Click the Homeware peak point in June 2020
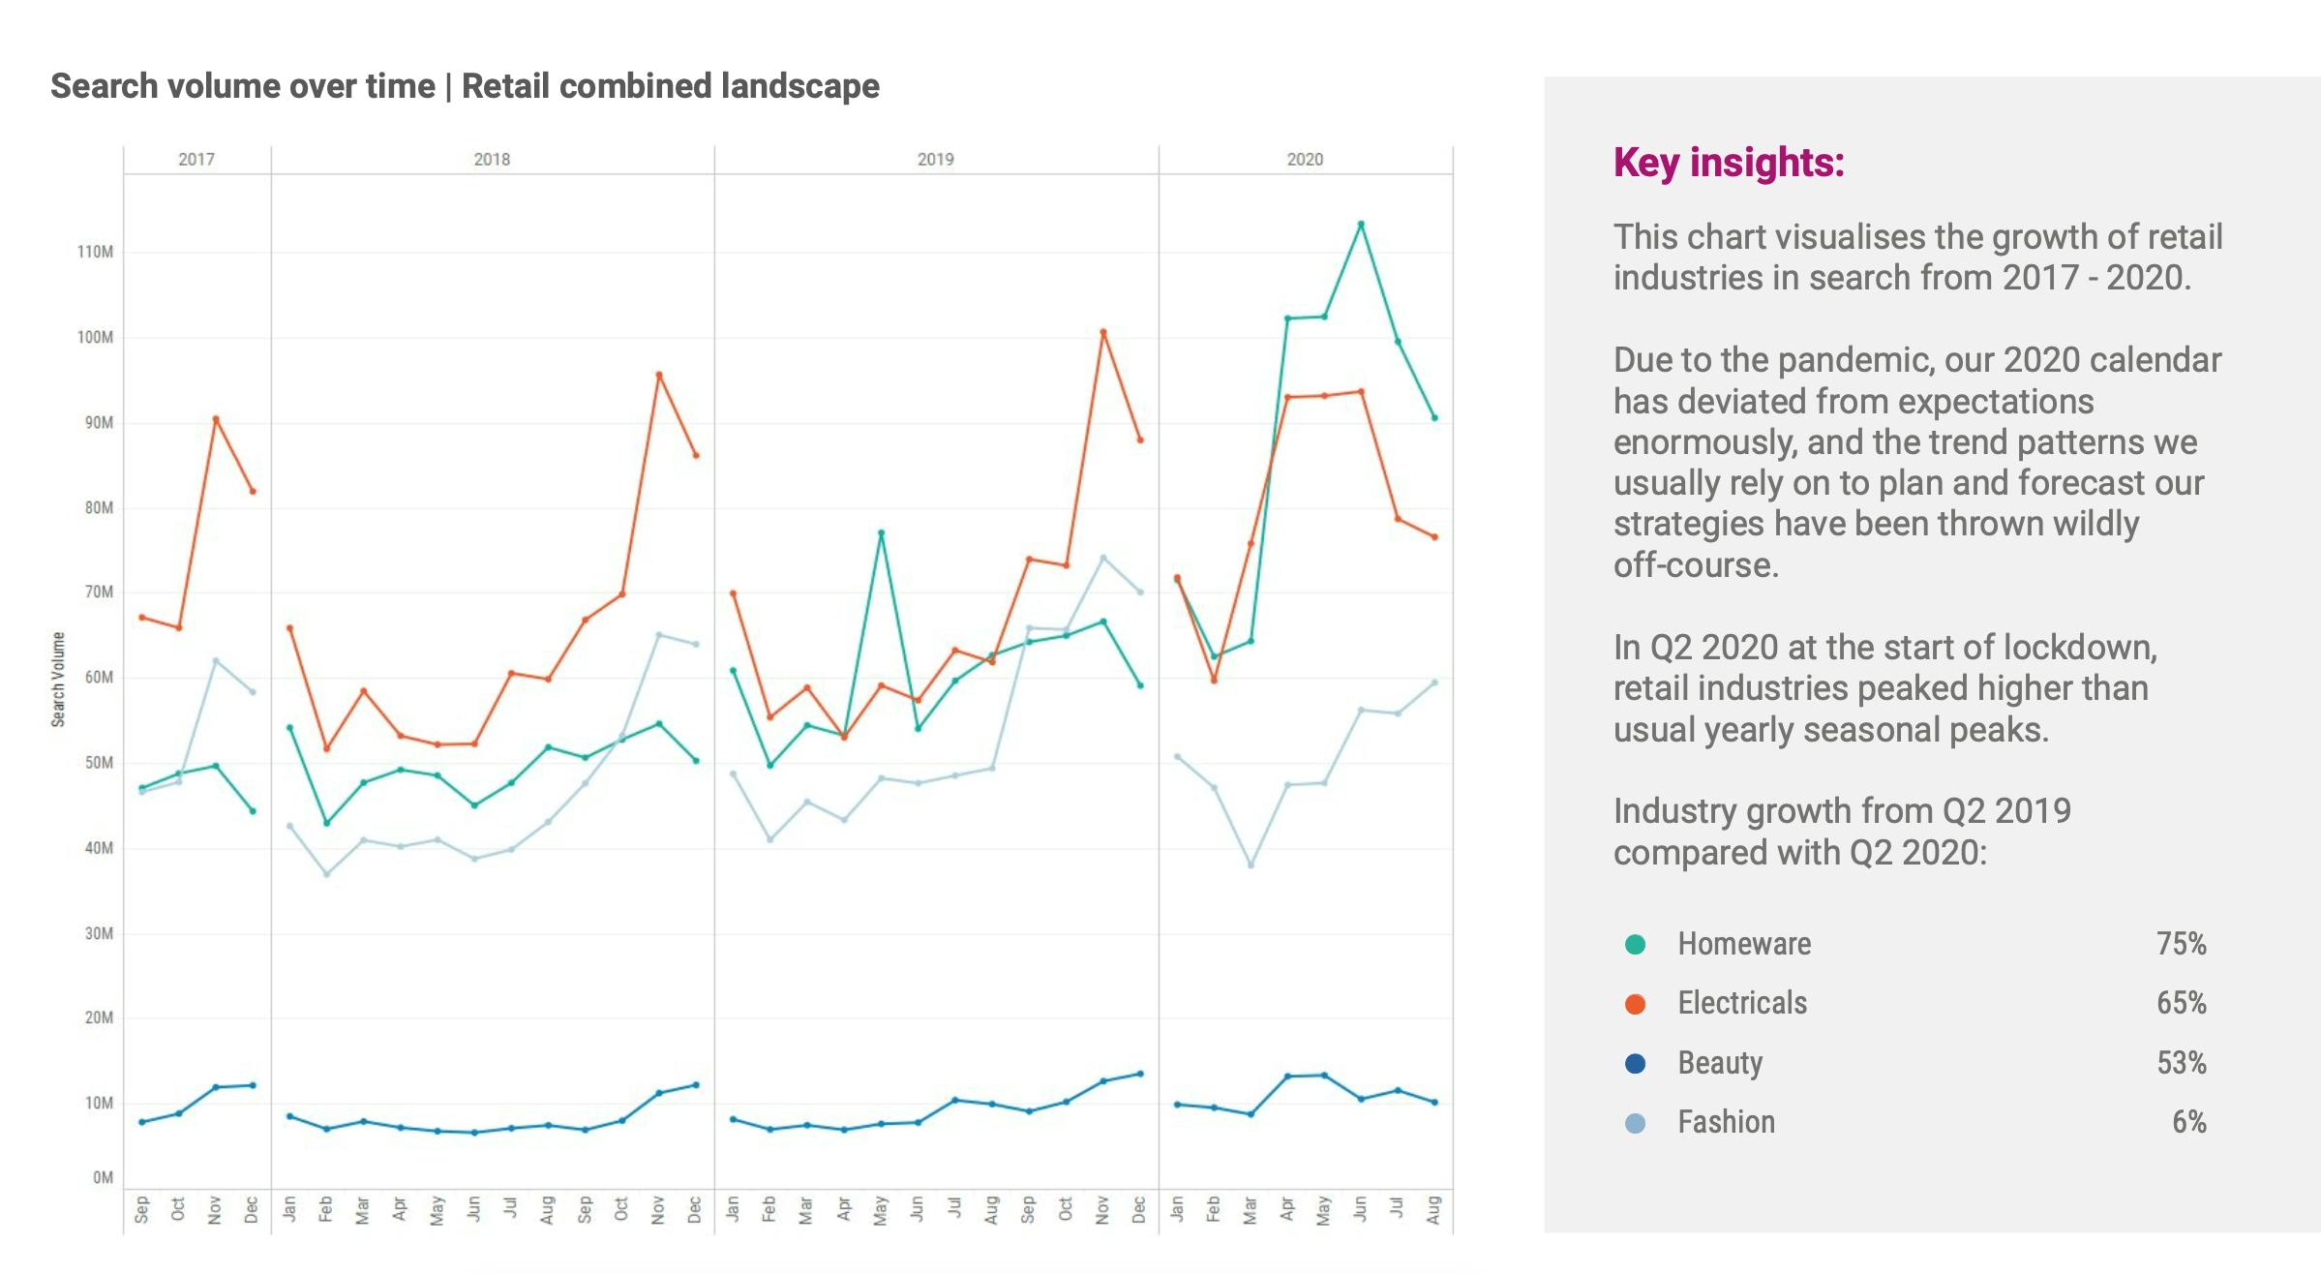1361,225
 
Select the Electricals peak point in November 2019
1103,332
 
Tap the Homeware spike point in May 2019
881,532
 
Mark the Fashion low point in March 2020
1251,864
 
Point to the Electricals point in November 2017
216,419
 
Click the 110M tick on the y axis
95,252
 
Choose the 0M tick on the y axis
103,1177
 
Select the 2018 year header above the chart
492,160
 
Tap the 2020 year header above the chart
1305,160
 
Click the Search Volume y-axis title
58,680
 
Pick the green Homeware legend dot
1635,945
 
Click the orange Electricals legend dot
1635,1004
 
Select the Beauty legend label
1720,1063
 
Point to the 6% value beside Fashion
2188,1122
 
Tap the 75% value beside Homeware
2181,944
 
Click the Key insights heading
1729,163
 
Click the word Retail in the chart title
505,86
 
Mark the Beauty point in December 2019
1140,1074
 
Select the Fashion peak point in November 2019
1103,558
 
